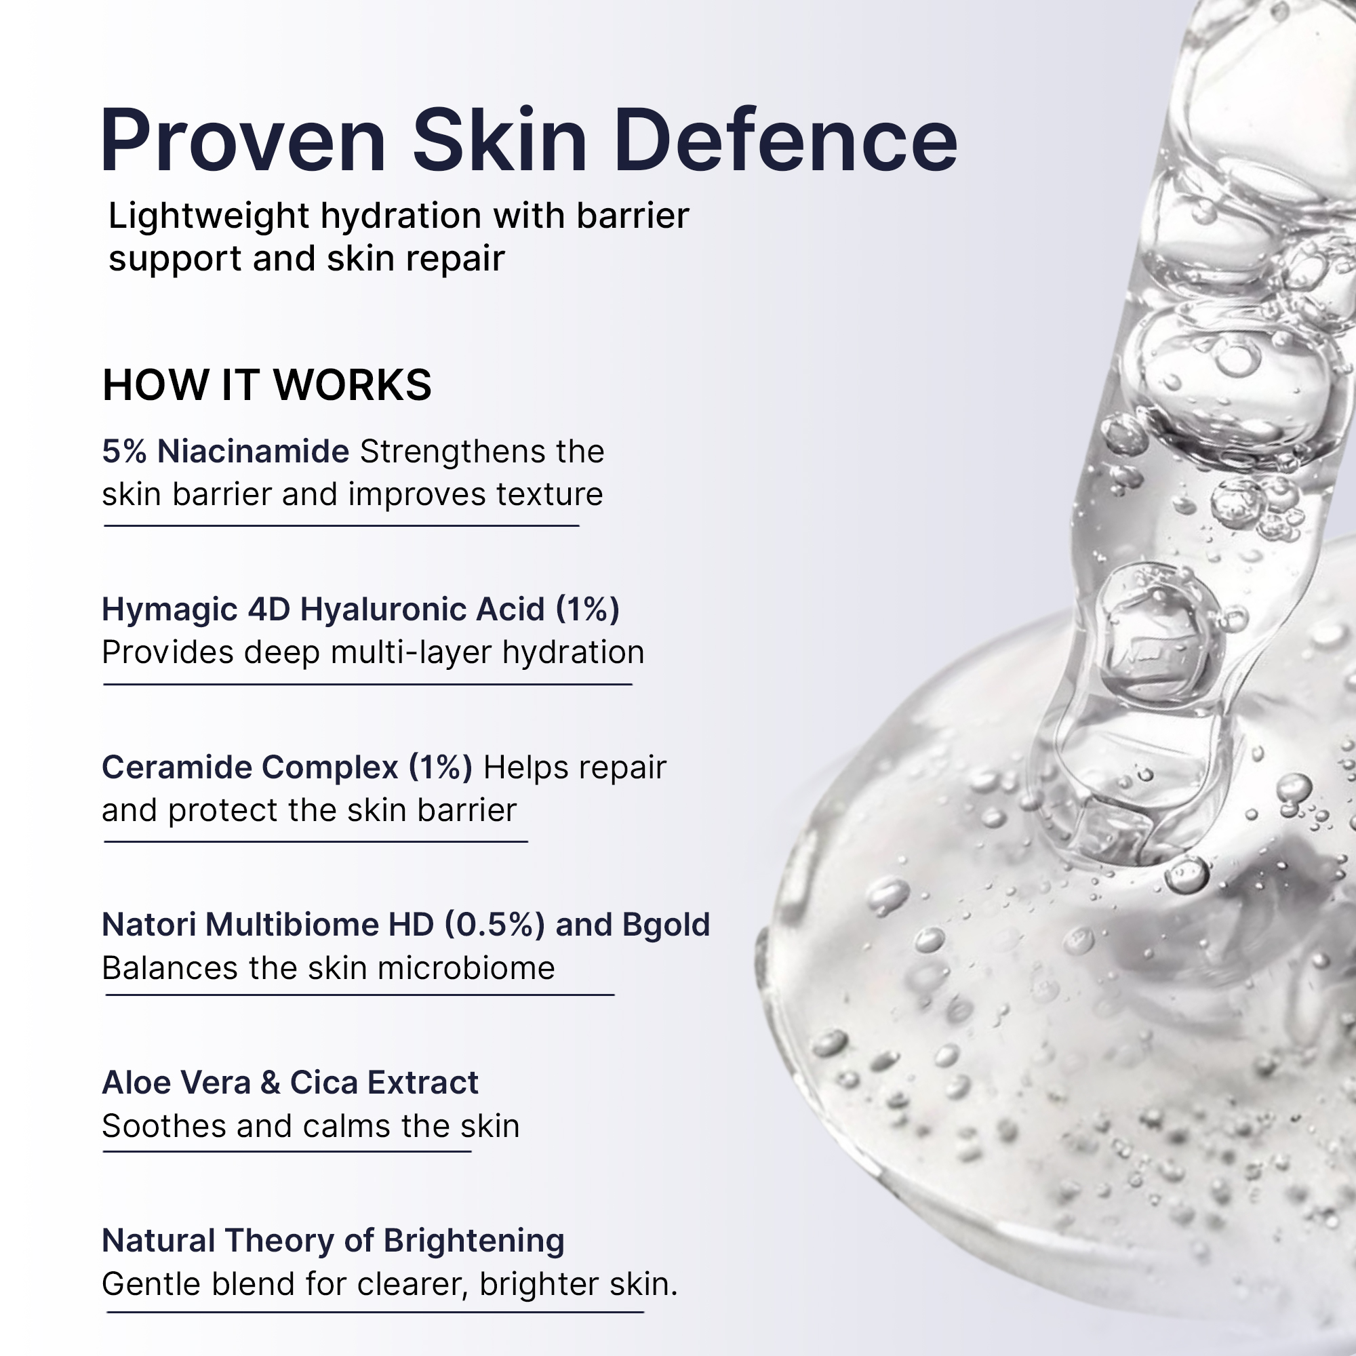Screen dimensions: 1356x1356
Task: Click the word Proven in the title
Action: [x=243, y=141]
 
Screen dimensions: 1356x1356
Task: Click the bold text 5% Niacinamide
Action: [x=225, y=452]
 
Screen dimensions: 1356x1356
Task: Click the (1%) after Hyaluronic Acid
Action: [x=587, y=610]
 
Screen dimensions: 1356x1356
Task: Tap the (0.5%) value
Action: [x=494, y=925]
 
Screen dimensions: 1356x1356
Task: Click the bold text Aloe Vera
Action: [x=176, y=1083]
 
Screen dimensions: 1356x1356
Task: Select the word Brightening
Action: [x=474, y=1241]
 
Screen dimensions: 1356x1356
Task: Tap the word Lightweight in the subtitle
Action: [x=208, y=217]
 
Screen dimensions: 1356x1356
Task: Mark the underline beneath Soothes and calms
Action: [x=287, y=1151]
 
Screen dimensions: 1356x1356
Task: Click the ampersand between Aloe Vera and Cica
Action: [x=271, y=1083]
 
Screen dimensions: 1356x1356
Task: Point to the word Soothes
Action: [x=164, y=1126]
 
